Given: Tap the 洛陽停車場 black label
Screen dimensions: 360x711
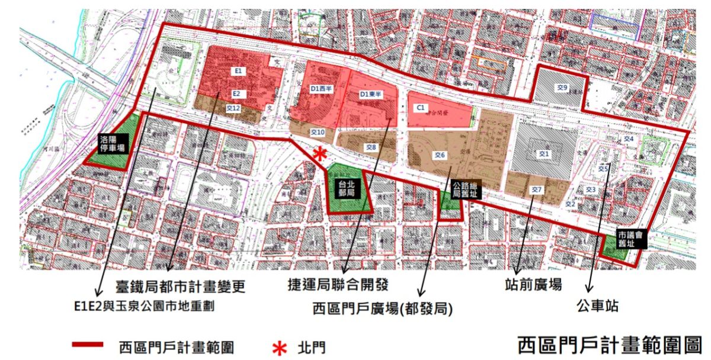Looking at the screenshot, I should pyautogui.click(x=112, y=144).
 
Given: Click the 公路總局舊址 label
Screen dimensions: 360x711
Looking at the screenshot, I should pyautogui.click(x=464, y=189).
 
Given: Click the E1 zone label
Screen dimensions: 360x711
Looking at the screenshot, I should pyautogui.click(x=238, y=71).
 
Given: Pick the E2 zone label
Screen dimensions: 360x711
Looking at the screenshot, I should pyautogui.click(x=236, y=94).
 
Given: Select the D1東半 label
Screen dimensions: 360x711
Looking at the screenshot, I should pyautogui.click(x=371, y=94).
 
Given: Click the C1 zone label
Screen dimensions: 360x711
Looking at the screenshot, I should pyautogui.click(x=420, y=108).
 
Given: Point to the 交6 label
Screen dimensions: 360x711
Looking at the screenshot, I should pyautogui.click(x=439, y=155).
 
